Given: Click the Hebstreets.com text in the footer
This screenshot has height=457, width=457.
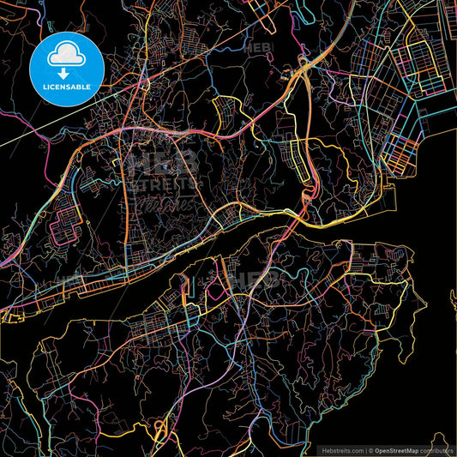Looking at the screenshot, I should pos(338,450).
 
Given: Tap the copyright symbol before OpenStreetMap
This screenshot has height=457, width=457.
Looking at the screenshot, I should pos(370,450).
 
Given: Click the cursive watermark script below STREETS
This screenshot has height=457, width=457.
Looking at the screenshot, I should pos(165,206).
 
